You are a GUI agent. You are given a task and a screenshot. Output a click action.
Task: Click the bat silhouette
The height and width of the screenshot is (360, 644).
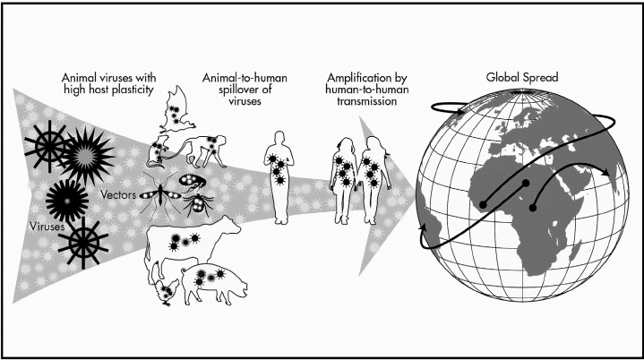176,110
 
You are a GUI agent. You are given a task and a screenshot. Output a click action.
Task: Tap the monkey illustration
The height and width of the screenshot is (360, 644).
203,150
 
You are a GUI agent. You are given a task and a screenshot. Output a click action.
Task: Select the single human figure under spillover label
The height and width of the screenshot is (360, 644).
279,177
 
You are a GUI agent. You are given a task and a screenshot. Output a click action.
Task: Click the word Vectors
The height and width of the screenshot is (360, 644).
118,194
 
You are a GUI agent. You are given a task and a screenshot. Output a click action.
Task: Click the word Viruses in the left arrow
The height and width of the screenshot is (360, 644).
47,227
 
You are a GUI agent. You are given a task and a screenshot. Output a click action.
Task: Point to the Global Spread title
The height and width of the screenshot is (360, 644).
521,77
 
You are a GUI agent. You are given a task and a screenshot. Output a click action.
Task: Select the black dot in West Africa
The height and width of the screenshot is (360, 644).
483,204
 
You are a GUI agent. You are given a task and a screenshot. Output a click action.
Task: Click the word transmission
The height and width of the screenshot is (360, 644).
366,101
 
